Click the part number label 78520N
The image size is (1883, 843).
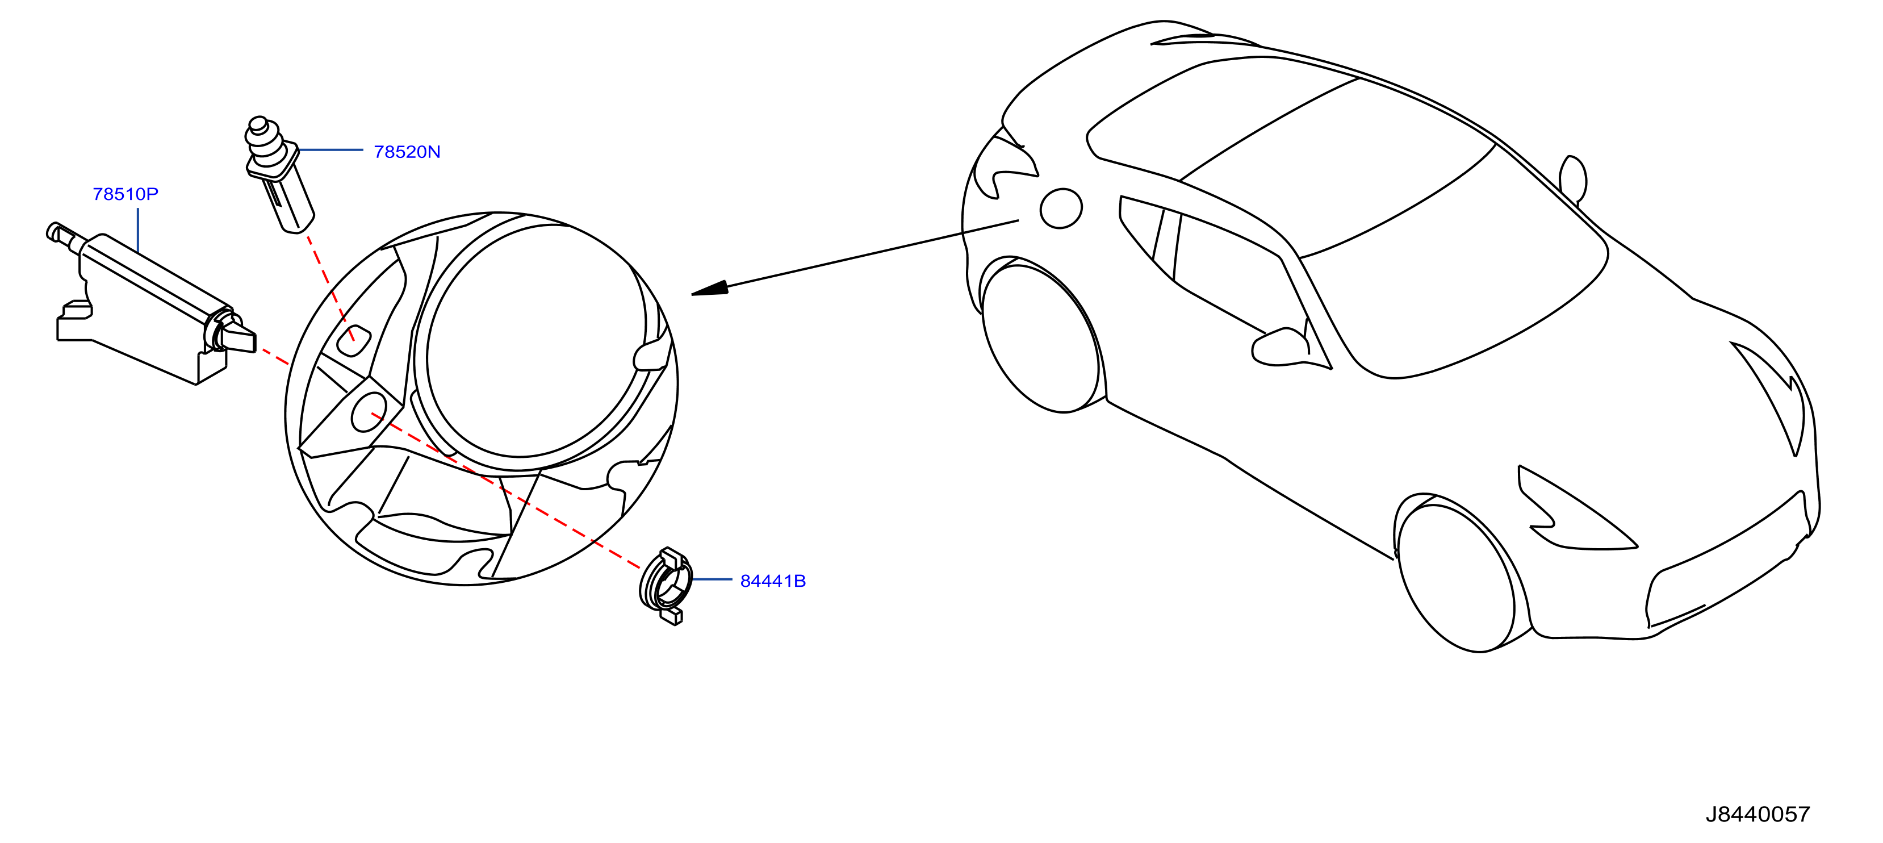(407, 152)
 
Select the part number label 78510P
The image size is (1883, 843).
(125, 194)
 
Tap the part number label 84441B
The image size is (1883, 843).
(773, 581)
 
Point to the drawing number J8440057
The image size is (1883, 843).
(1758, 814)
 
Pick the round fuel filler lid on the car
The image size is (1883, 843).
(1061, 208)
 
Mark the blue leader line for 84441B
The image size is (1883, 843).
(712, 579)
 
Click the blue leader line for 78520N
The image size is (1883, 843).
(330, 150)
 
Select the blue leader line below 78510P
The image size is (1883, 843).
(138, 230)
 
